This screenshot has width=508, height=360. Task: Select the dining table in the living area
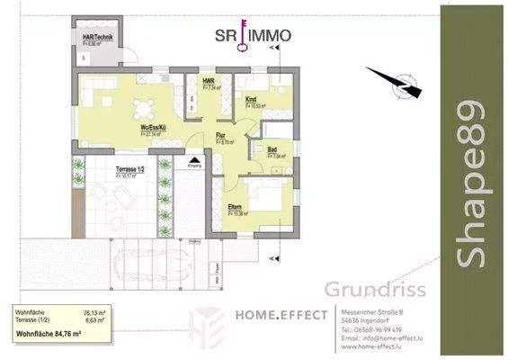(141, 109)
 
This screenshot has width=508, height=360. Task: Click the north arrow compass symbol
(396, 82)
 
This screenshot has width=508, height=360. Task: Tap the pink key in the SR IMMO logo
(241, 40)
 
